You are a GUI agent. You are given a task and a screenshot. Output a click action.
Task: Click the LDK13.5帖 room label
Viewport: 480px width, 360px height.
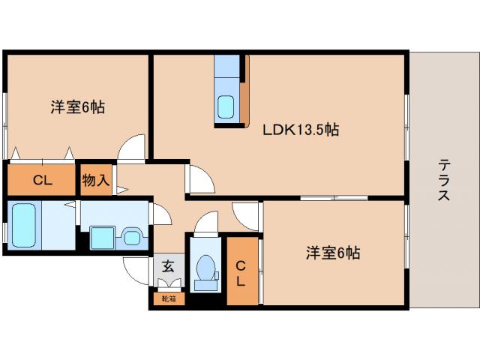(301, 130)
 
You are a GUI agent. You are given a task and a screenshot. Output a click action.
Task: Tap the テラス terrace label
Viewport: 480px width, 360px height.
(444, 180)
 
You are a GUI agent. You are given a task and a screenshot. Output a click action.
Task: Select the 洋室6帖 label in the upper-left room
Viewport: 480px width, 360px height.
(77, 107)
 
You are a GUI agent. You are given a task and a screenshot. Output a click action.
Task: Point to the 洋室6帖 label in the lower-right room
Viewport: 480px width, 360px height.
(332, 253)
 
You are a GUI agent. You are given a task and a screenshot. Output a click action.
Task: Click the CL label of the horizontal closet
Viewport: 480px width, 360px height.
(42, 180)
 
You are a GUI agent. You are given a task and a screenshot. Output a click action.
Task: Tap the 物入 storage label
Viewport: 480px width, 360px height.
(96, 180)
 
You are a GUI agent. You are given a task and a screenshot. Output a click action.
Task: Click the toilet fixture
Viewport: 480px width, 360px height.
(204, 271)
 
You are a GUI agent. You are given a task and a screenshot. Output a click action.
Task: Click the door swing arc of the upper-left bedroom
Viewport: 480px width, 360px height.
(133, 147)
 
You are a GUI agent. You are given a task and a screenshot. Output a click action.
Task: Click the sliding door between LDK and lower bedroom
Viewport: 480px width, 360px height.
(333, 198)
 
